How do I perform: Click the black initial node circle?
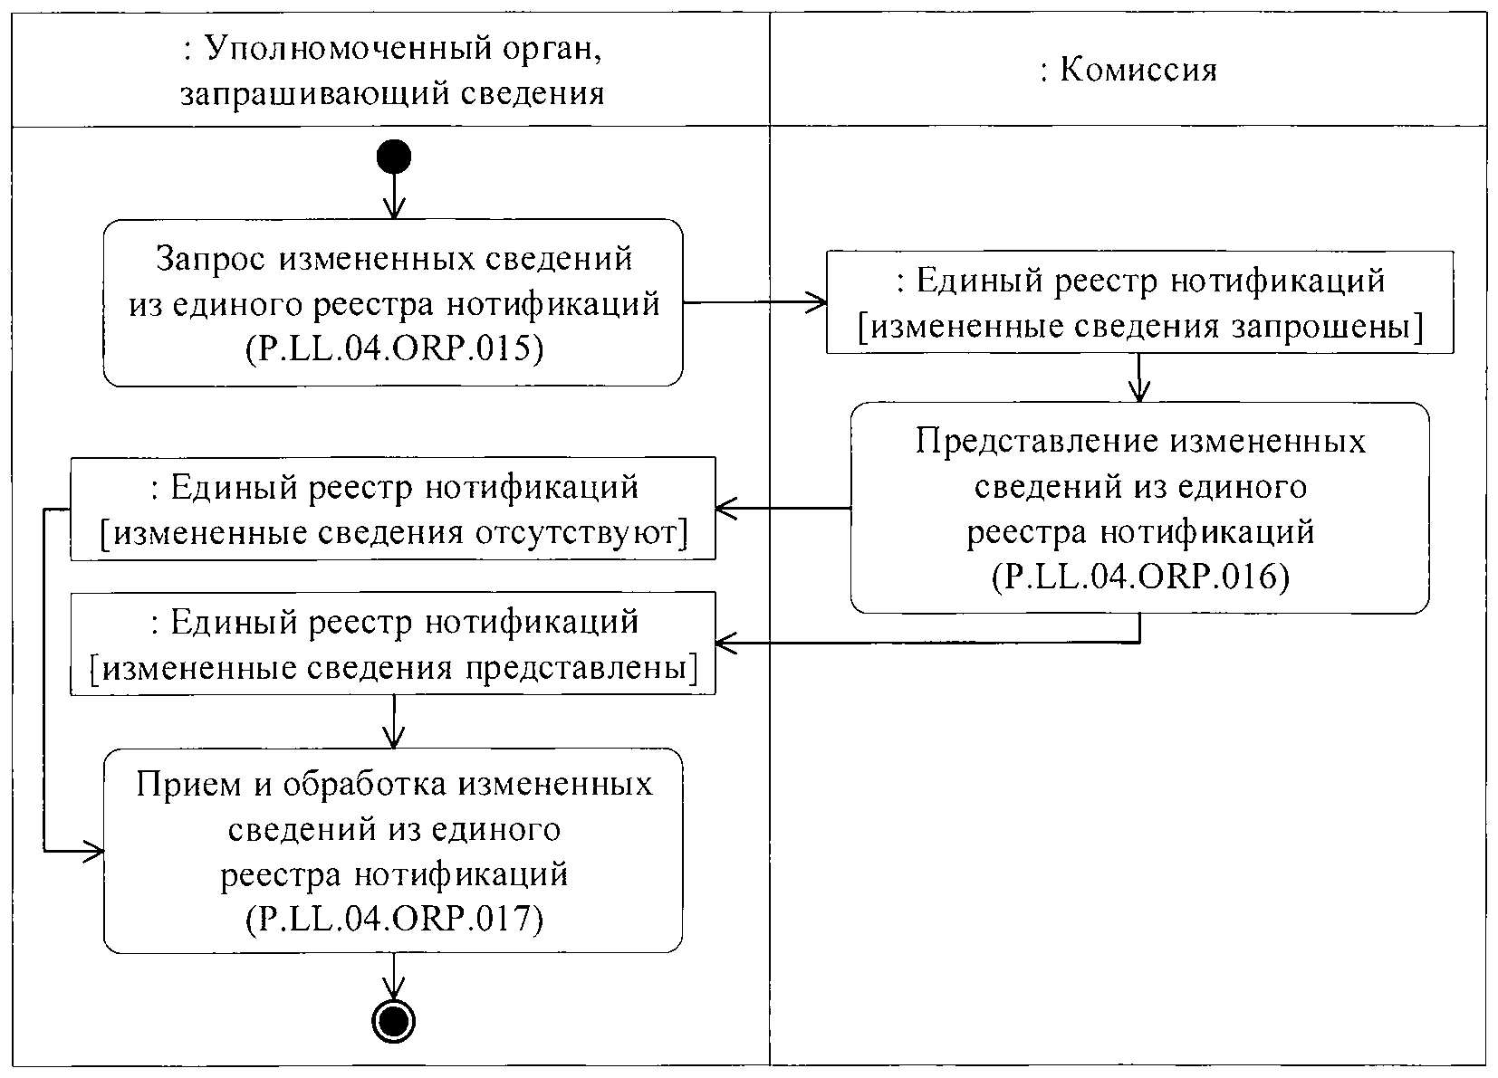click(394, 157)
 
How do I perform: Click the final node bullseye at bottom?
click(394, 1022)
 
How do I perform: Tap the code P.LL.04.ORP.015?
click(393, 349)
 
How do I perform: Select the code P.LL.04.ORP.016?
click(1140, 576)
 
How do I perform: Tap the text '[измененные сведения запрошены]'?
click(1140, 327)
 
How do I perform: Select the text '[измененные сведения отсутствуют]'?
click(393, 534)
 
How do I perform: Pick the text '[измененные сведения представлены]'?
click(393, 669)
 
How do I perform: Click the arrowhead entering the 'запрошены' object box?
click(818, 303)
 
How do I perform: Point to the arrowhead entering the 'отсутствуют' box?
click(725, 510)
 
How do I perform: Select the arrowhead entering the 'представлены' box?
click(725, 644)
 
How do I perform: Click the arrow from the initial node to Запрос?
click(394, 196)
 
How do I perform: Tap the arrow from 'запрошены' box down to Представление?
click(1139, 377)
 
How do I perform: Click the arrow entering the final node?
click(394, 978)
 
